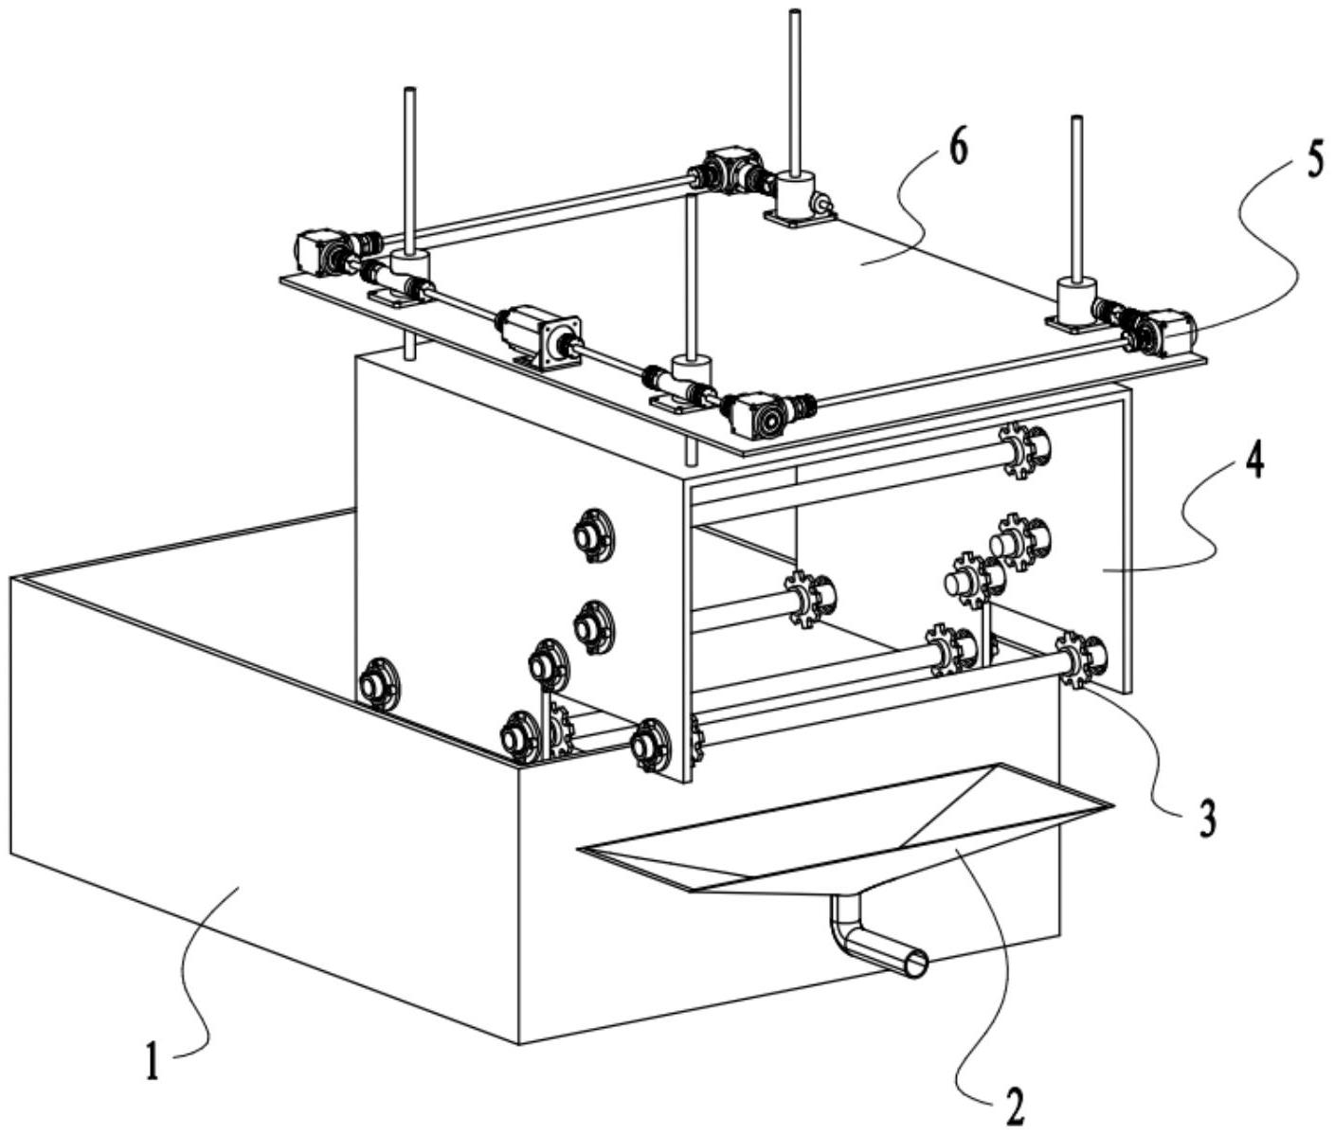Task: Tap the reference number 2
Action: coord(1014,1105)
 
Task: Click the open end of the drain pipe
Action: coord(915,964)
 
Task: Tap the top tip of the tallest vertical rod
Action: coord(794,13)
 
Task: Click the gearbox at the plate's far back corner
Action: coord(729,169)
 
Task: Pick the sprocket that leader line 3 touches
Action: coord(1076,658)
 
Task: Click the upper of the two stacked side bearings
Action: coord(594,536)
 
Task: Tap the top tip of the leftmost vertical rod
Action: coord(410,91)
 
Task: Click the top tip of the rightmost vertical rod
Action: coord(1076,119)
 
